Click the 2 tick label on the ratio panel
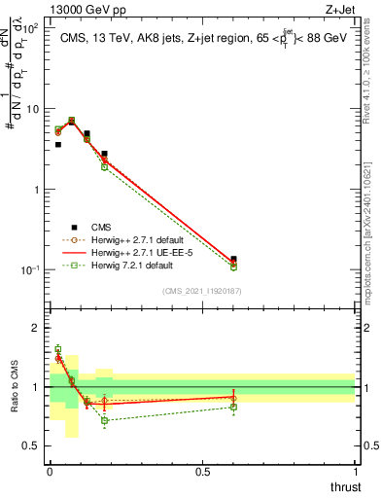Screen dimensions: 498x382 coord(37,328)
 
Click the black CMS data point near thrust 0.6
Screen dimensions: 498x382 coord(233,259)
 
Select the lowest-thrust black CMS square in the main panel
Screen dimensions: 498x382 coord(58,144)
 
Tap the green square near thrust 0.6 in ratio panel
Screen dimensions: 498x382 coord(233,407)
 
